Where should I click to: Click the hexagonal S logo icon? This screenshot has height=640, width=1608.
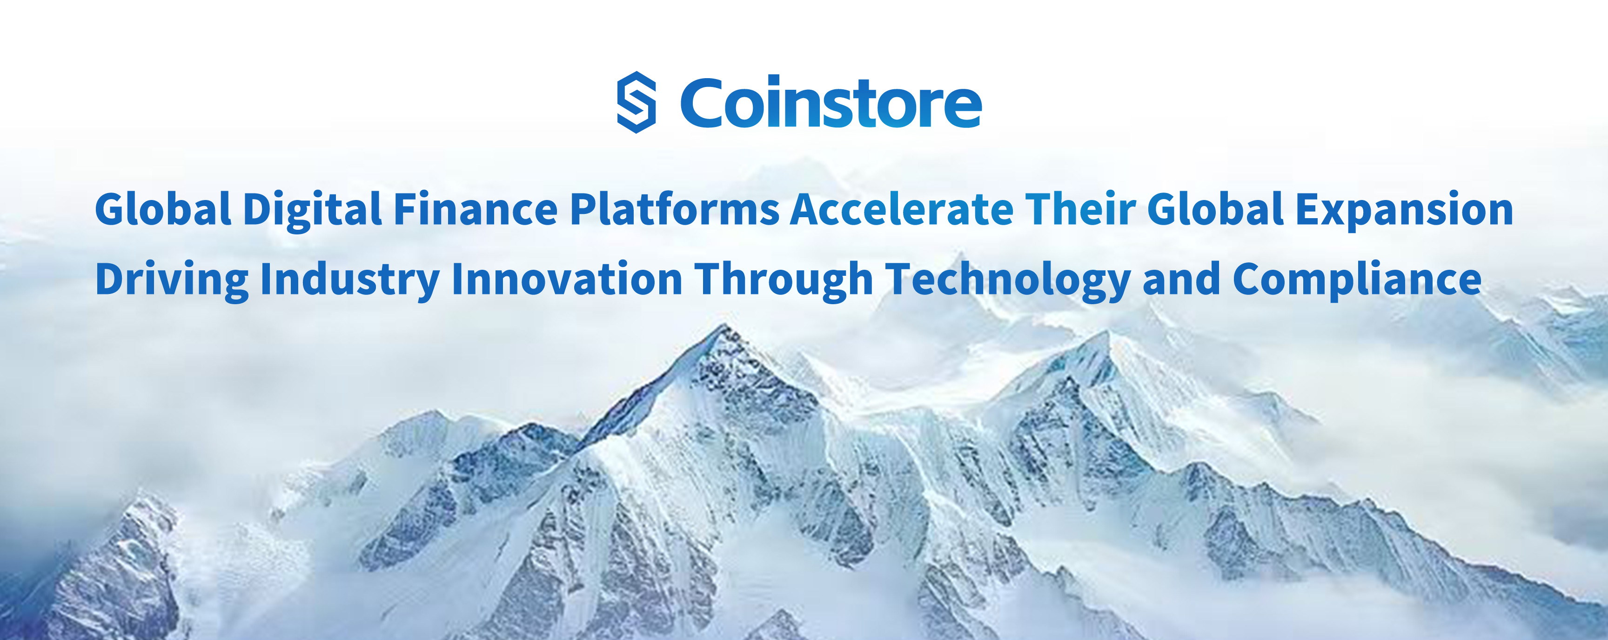pos(636,102)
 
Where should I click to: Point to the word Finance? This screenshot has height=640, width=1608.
pos(476,209)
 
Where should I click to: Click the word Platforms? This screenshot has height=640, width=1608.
pos(675,209)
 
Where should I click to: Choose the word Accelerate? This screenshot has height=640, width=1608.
pos(902,209)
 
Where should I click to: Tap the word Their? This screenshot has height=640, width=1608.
pos(1080,209)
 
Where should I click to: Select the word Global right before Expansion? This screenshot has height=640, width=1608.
pos(1215,209)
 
